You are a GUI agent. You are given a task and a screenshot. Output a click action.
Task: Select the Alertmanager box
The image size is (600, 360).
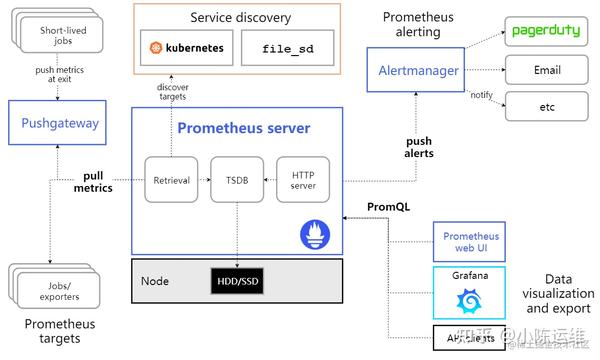(x=420, y=71)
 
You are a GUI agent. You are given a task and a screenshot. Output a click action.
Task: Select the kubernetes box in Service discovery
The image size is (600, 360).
(x=187, y=48)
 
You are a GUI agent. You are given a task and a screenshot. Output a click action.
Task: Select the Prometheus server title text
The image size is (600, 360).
(x=243, y=128)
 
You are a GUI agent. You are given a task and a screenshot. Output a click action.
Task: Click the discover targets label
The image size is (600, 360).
(x=172, y=92)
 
